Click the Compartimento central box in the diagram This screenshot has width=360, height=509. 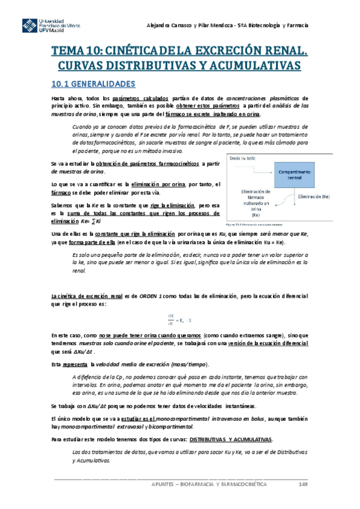pos(292,175)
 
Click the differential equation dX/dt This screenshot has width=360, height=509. pos(179,321)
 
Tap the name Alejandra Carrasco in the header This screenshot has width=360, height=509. pos(170,25)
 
